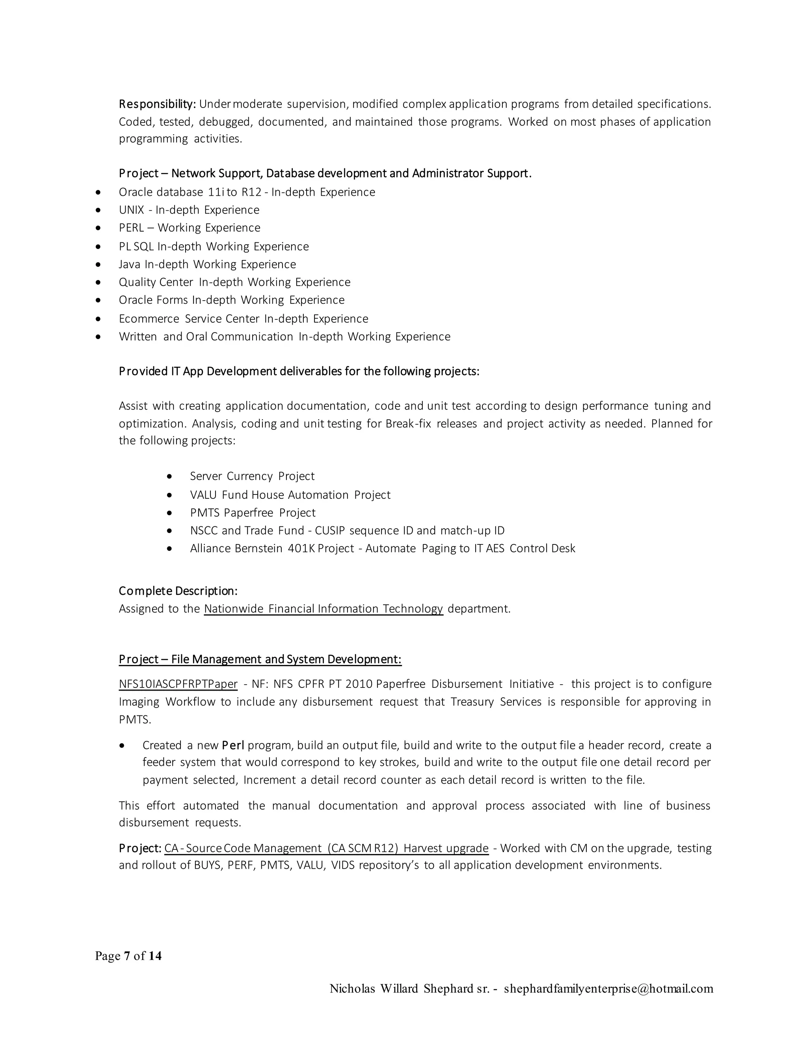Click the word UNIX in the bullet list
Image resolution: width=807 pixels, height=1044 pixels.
132,210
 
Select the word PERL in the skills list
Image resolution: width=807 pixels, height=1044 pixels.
132,228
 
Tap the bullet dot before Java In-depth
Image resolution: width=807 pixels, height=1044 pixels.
99,264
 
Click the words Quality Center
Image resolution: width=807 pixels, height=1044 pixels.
156,282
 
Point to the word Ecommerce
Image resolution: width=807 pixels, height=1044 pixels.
149,319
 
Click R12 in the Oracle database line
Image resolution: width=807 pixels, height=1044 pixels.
251,192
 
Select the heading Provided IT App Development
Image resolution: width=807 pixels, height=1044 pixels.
299,372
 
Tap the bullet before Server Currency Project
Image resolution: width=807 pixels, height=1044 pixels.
170,477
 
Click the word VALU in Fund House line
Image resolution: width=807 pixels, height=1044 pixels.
203,495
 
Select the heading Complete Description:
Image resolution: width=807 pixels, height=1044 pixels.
178,591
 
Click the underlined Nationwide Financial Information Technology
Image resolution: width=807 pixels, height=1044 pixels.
323,609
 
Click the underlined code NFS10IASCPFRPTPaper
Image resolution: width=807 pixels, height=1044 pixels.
178,684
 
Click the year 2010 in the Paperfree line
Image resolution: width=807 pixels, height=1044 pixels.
359,684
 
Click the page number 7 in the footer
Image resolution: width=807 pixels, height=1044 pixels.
127,956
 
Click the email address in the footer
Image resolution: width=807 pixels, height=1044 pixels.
608,988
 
